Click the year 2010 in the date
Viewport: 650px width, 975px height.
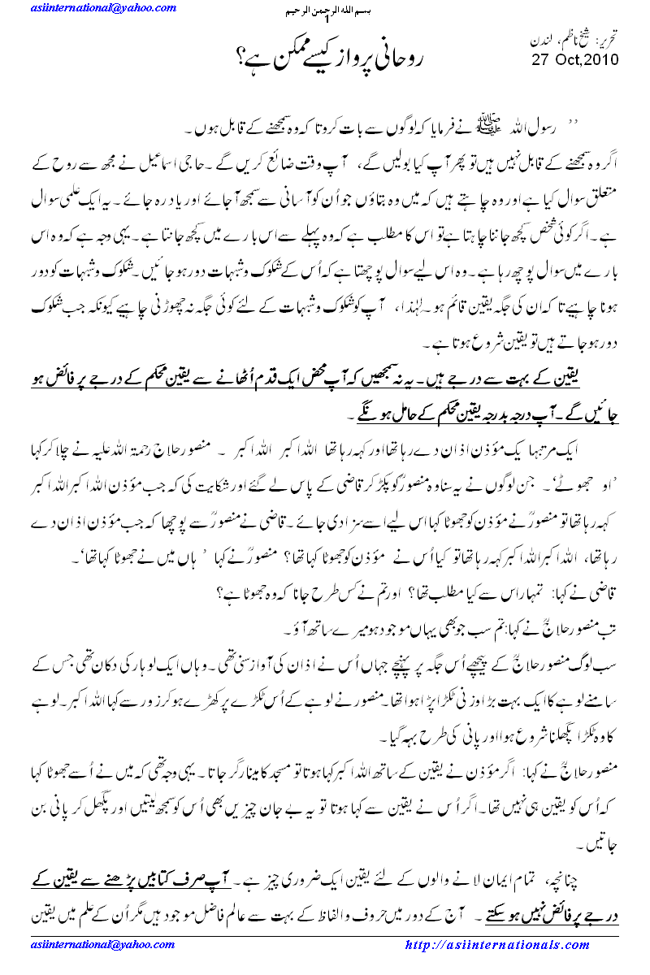tap(601, 59)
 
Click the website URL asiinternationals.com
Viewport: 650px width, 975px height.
tap(496, 945)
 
